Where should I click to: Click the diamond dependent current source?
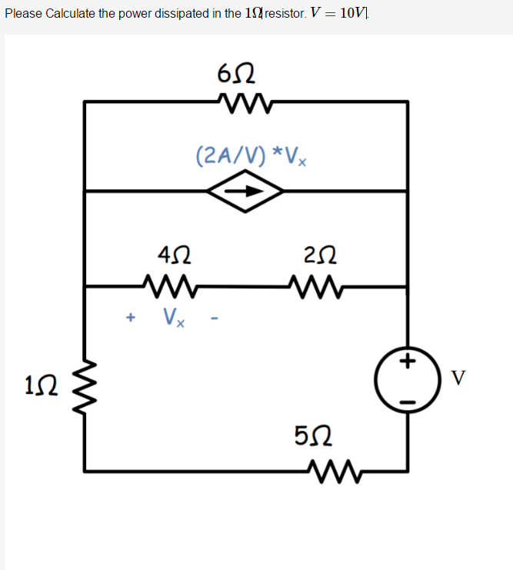[245, 191]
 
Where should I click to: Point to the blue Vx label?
[173, 317]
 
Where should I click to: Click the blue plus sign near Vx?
[131, 316]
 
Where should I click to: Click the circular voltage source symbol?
[407, 379]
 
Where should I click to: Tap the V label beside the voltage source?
[458, 378]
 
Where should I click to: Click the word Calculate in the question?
[71, 15]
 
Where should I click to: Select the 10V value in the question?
[355, 15]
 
